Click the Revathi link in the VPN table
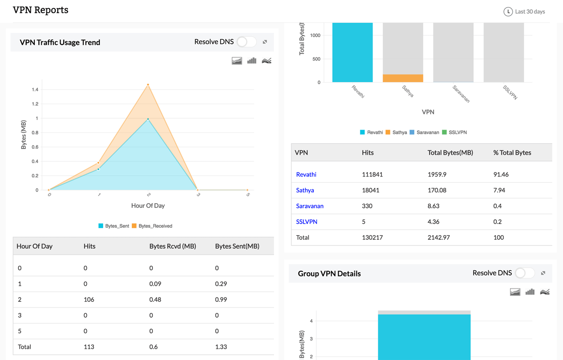coord(306,175)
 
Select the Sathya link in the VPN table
coord(305,191)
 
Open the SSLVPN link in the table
coord(306,222)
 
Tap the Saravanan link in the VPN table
coord(310,206)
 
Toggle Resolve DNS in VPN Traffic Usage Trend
coord(246,42)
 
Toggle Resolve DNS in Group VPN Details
coord(525,273)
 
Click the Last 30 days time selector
coord(524,12)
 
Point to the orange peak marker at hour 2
coord(148,85)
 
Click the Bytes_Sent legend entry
coord(114,226)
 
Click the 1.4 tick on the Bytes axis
coord(35,90)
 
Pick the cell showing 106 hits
coord(89,299)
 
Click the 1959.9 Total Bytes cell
coord(437,175)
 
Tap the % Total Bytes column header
coord(512,153)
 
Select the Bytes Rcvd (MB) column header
coord(172,246)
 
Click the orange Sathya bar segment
coord(403,78)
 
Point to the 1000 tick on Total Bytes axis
coord(315,36)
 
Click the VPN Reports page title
coord(40,10)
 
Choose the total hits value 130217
coord(372,237)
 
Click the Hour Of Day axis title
coord(148,206)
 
